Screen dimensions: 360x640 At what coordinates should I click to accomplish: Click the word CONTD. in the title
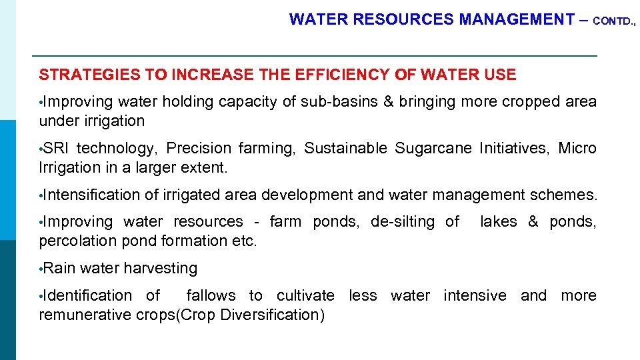[613, 21]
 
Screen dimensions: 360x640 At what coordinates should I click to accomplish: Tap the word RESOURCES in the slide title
[404, 20]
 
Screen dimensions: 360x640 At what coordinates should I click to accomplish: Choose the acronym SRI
[55, 148]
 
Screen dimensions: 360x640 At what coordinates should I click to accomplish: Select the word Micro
[577, 148]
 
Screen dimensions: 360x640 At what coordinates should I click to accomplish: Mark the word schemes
[563, 195]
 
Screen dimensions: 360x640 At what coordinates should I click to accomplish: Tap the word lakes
[499, 221]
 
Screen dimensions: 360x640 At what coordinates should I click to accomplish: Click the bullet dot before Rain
[41, 269]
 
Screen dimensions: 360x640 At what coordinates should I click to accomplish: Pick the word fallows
[211, 295]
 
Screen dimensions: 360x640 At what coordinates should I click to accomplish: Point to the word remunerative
[86, 315]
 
